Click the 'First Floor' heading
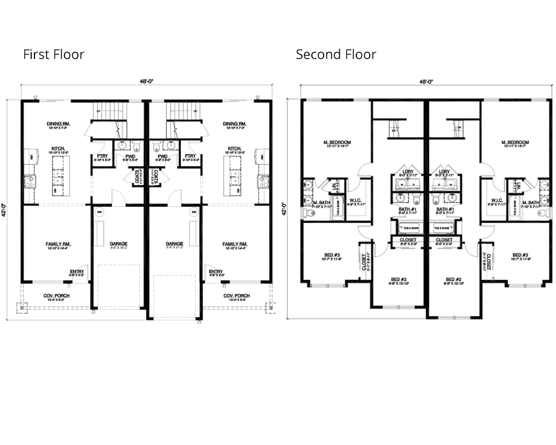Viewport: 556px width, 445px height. click(x=53, y=55)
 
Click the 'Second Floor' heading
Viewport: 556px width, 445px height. click(x=336, y=55)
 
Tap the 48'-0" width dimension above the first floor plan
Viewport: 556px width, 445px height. click(x=147, y=82)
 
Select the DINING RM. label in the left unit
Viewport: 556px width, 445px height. click(x=58, y=124)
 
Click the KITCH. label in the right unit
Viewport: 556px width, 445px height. click(x=234, y=149)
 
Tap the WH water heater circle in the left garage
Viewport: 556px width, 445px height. click(x=100, y=212)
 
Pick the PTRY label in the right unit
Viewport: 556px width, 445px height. click(x=190, y=156)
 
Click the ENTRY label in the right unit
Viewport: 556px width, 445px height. click(x=216, y=271)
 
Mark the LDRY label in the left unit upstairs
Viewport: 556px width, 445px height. click(x=409, y=171)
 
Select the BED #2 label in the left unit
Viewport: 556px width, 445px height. click(x=399, y=279)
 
